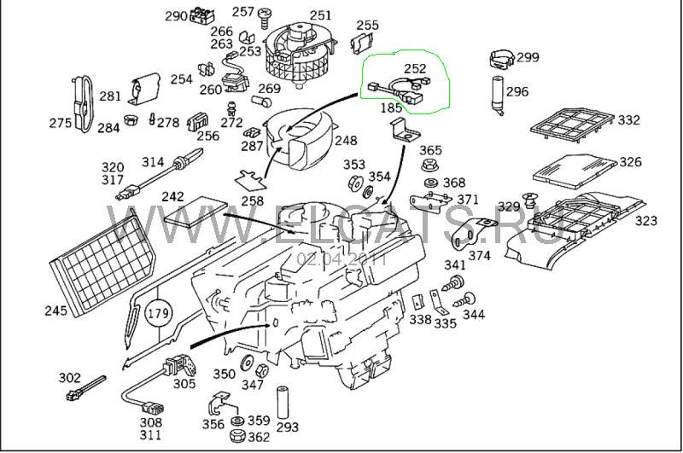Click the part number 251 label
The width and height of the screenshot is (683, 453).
point(320,15)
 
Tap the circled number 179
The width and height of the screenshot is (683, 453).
point(158,313)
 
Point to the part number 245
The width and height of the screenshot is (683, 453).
point(55,311)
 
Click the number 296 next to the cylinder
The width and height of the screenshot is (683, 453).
point(517,92)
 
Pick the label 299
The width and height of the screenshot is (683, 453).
point(528,57)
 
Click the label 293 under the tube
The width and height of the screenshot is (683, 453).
point(287,427)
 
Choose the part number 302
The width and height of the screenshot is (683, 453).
point(69,377)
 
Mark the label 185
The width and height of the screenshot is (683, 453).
point(391,108)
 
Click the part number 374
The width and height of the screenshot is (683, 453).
point(480,254)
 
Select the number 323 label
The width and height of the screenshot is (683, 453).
point(646,221)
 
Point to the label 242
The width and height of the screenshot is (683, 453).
point(173,196)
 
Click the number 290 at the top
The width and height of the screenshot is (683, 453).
point(176,16)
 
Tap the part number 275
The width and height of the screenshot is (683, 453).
point(60,123)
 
